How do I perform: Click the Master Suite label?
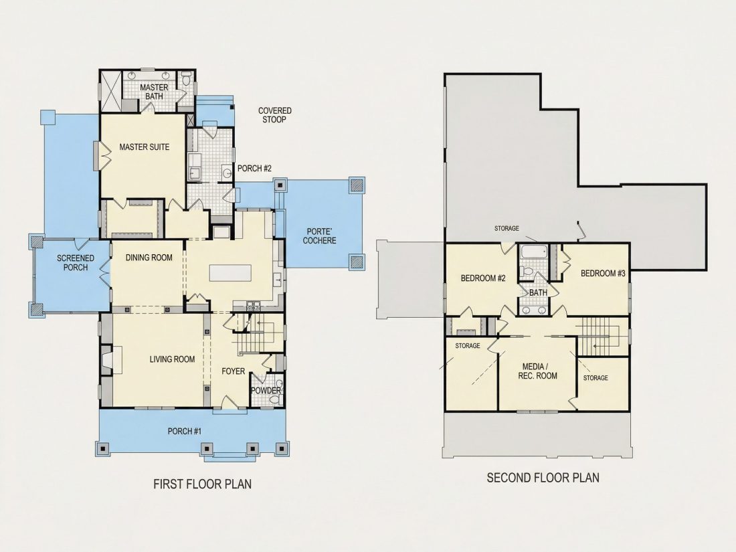144,147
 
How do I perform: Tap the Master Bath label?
154,92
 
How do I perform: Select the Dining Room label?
149,258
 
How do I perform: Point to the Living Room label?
172,359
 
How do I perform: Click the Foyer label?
234,371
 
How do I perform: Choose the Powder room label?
266,391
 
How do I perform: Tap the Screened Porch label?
76,263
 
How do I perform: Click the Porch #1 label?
185,432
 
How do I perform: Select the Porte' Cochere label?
319,236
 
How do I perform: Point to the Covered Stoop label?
274,115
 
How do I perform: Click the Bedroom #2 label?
483,278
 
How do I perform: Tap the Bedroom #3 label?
603,274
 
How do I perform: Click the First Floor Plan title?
202,484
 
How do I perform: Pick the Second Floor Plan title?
543,478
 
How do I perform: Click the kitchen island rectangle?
230,273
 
